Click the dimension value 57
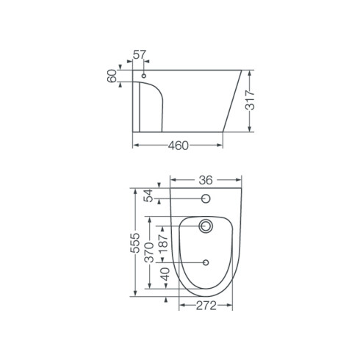pyautogui.click(x=140, y=54)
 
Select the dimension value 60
pyautogui.click(x=112, y=76)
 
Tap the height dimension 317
pyautogui.click(x=250, y=100)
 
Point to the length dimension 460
pyautogui.click(x=179, y=145)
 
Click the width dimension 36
pyautogui.click(x=206, y=180)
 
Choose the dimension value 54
pyautogui.click(x=148, y=195)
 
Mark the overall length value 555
pyautogui.click(x=134, y=243)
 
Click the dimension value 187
pyautogui.click(x=162, y=244)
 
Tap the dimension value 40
pyautogui.click(x=165, y=274)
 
